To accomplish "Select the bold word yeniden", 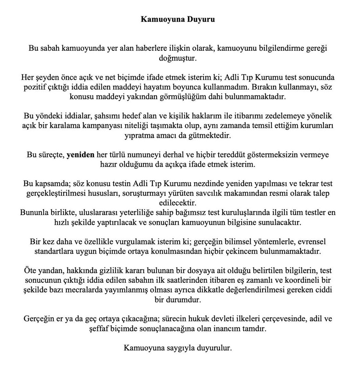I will pos(80,155).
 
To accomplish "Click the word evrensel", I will pos(313,242).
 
